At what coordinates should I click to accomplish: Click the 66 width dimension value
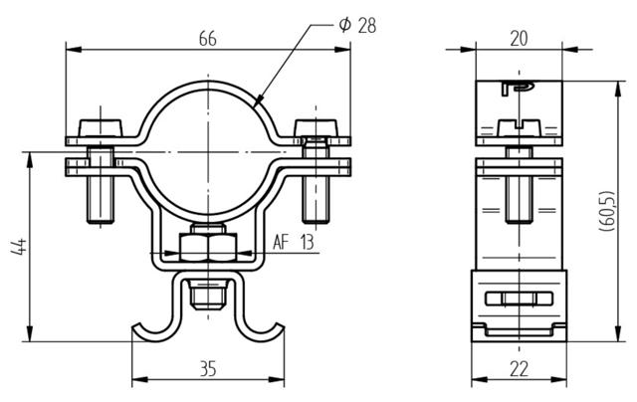[208, 39]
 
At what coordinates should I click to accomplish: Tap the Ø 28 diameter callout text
[357, 25]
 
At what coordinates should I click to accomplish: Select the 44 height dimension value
[19, 247]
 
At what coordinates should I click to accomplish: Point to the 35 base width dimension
[208, 369]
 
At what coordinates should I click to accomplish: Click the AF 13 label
[294, 243]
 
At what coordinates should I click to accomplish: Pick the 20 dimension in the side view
[519, 39]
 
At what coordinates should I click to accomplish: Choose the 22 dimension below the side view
[519, 369]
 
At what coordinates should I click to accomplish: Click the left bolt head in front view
[101, 128]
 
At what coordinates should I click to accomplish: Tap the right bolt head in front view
[317, 128]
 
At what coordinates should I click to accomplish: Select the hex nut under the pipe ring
[208, 247]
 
